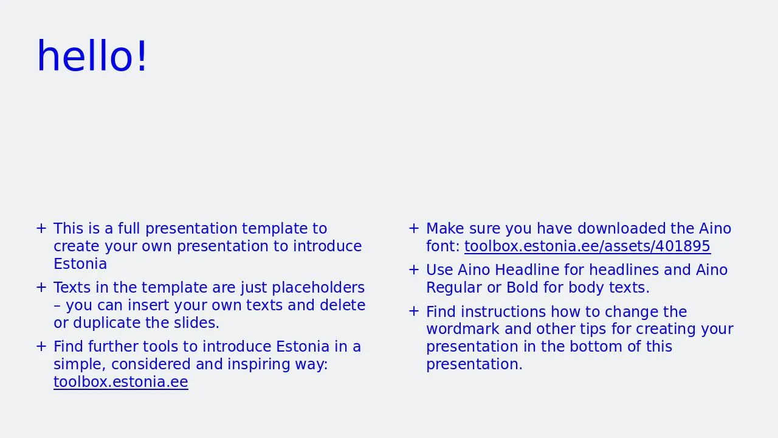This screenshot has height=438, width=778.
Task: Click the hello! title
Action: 92,55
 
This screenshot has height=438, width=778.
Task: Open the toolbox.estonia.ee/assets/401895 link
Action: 587,246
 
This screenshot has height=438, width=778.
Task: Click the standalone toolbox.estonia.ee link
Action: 121,381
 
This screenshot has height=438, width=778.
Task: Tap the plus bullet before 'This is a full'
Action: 41,229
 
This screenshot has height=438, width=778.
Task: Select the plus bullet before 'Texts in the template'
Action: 41,288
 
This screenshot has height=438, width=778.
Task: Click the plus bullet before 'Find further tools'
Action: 41,347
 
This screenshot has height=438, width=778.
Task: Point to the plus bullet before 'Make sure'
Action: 414,229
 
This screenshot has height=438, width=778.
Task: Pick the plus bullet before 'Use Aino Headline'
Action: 414,269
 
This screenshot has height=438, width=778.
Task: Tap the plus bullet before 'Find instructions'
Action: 414,311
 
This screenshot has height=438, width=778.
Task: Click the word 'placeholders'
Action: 318,288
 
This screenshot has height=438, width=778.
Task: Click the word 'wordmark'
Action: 463,329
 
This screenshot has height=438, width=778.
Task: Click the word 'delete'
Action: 342,305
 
